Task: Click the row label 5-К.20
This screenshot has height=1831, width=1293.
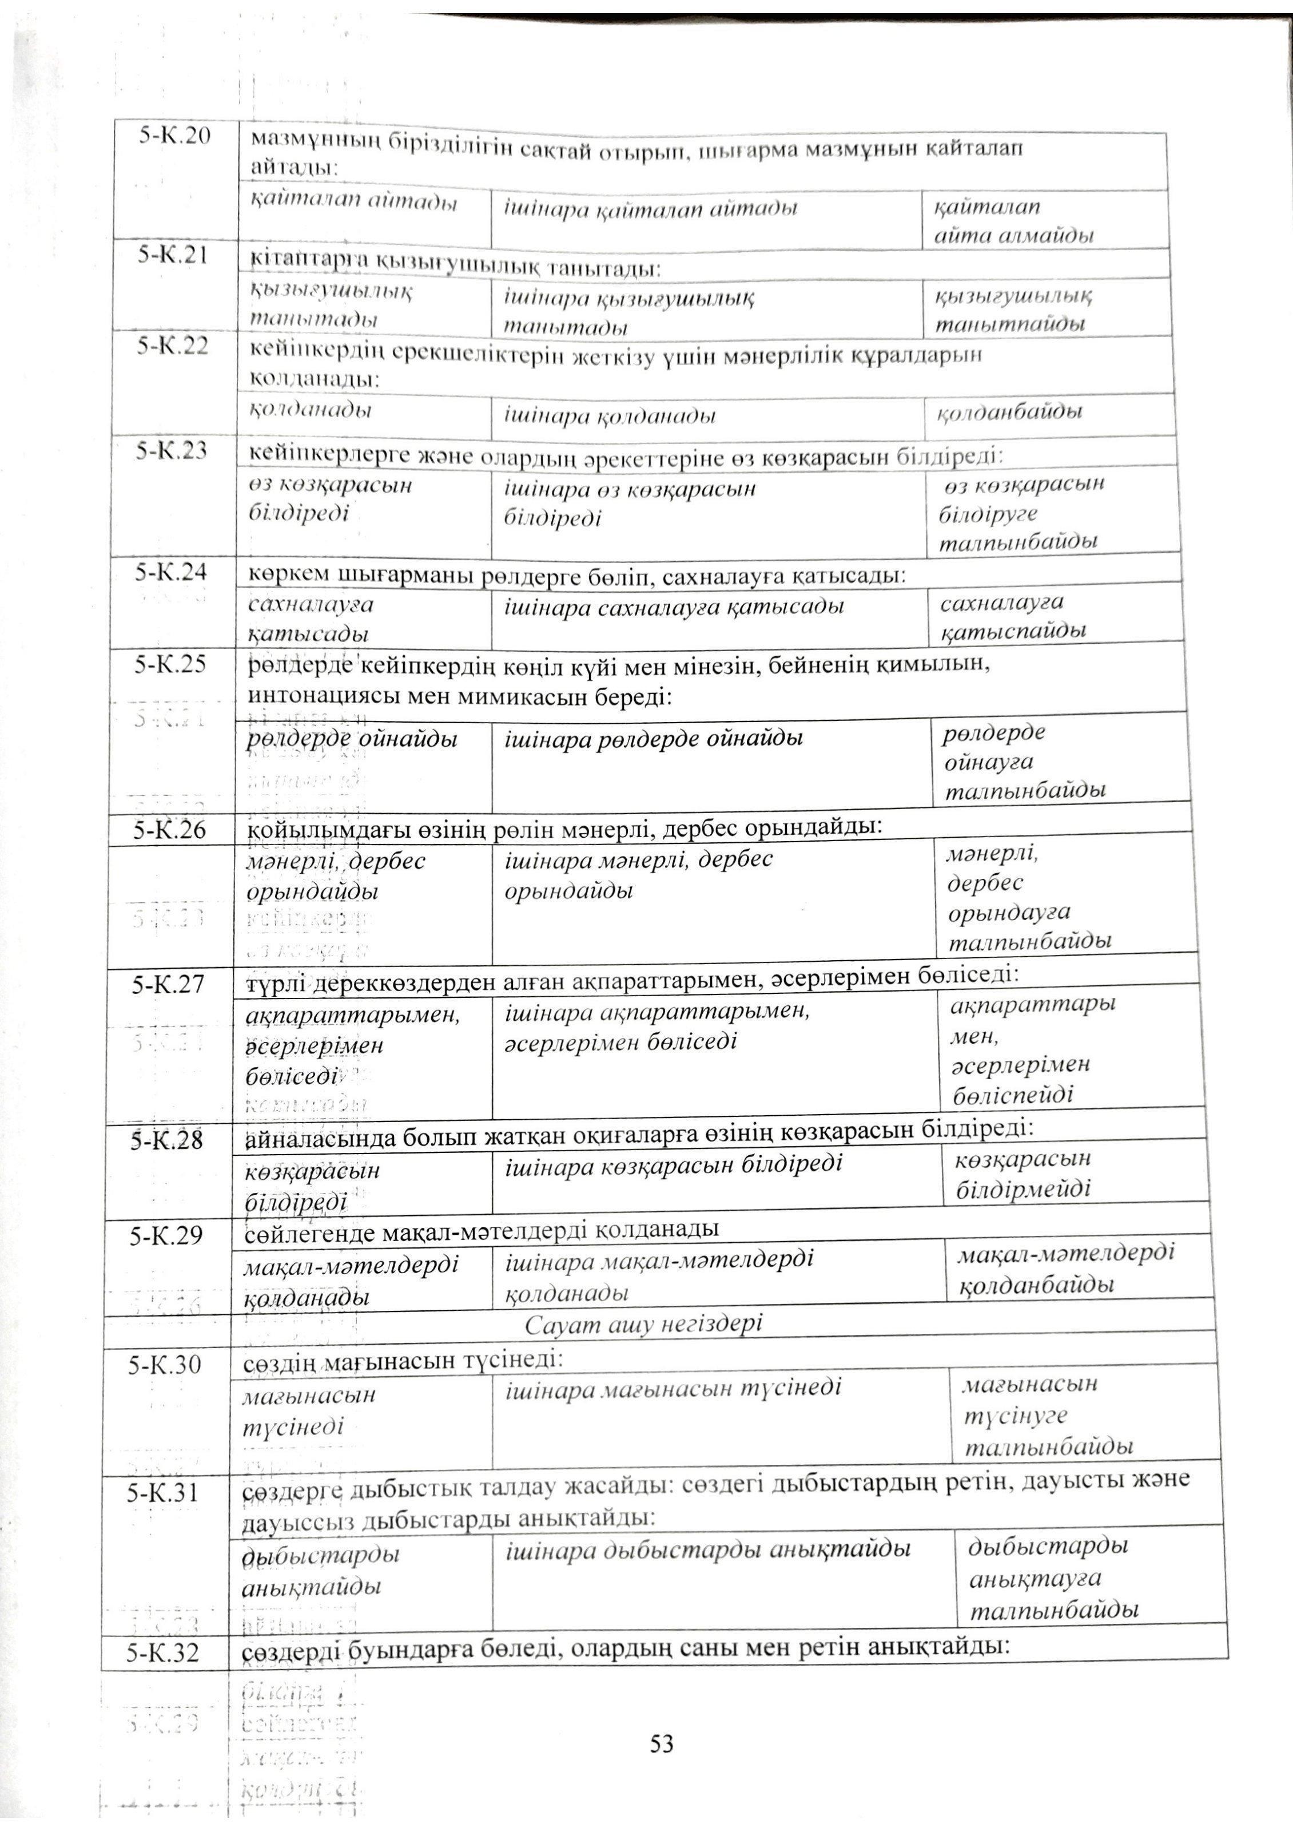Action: tap(174, 136)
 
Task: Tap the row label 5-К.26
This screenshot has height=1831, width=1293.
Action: tap(170, 831)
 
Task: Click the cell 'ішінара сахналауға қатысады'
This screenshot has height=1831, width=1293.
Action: tap(674, 607)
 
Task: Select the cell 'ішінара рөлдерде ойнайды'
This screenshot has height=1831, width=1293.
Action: tap(654, 739)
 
